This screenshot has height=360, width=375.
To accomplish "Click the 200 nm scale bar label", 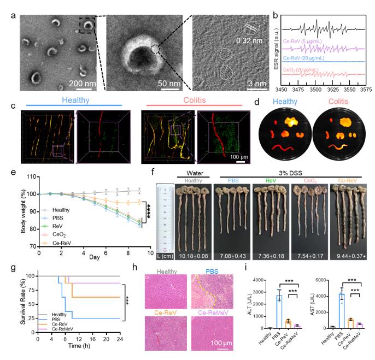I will pos(81,83).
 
